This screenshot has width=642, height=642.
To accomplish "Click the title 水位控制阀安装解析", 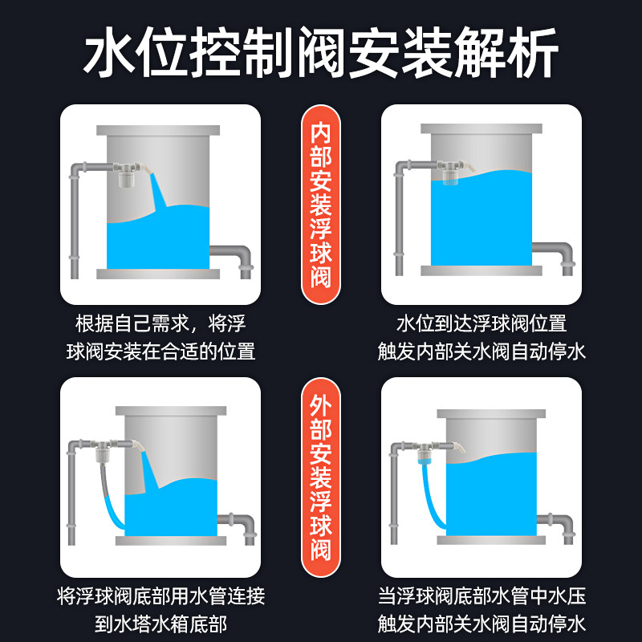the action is click(321, 52).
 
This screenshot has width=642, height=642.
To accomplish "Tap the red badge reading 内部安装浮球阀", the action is click(321, 205).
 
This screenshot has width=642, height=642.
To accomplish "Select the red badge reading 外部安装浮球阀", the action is click(321, 477).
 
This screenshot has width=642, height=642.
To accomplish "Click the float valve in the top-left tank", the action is click(128, 174).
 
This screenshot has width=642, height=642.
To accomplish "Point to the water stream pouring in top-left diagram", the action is click(157, 192).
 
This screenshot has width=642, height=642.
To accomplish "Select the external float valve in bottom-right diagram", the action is click(426, 453).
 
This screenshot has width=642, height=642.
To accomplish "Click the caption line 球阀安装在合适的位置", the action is click(161, 351).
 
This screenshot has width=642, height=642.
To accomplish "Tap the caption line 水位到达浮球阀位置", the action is click(481, 323).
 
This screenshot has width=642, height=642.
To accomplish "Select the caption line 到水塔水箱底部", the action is click(161, 624).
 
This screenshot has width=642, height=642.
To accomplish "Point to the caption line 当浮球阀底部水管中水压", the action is click(481, 596).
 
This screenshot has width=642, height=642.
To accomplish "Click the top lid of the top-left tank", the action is click(158, 130).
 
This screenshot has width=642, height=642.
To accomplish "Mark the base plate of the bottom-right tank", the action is click(491, 540).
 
